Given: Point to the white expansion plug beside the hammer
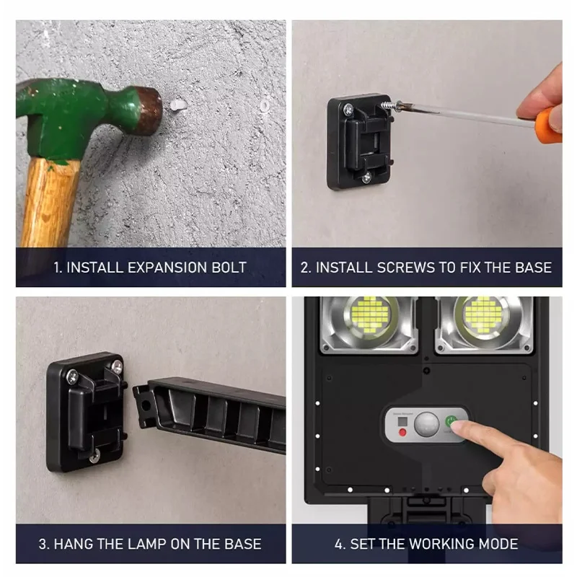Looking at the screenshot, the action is click(178, 105).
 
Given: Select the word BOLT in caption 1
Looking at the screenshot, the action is click(229, 268).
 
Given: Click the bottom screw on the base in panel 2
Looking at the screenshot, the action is click(366, 178).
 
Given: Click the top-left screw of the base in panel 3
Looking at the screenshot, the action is click(72, 376).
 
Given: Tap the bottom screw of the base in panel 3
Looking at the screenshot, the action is click(94, 457).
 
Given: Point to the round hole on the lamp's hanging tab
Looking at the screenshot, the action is click(146, 405).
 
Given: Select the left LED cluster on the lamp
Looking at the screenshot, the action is click(369, 315).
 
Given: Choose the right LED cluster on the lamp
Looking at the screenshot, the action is click(483, 315).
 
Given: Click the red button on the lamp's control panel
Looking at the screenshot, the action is click(403, 432).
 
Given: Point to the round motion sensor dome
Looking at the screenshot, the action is click(427, 424).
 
